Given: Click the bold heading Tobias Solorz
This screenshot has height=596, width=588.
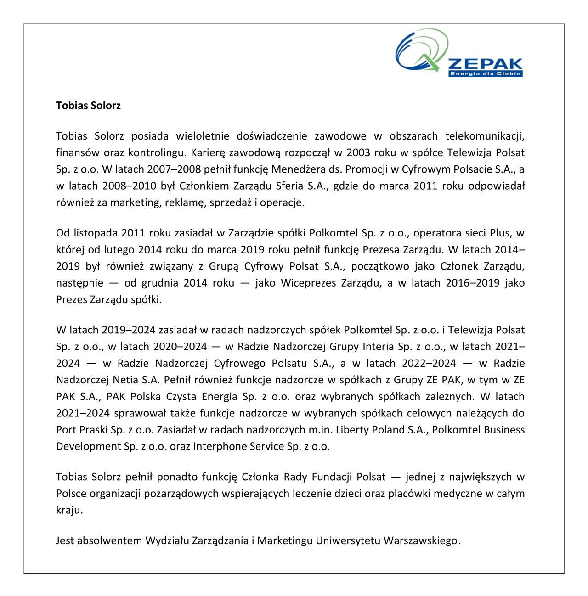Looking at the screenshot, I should click(x=88, y=106).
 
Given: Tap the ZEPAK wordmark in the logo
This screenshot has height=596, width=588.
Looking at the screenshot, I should click(x=485, y=64).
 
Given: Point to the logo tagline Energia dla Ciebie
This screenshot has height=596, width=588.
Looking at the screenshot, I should click(x=486, y=74).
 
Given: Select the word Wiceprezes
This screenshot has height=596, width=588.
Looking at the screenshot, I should click(x=308, y=283).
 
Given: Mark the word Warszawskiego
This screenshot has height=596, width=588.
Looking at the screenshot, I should click(x=421, y=540).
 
